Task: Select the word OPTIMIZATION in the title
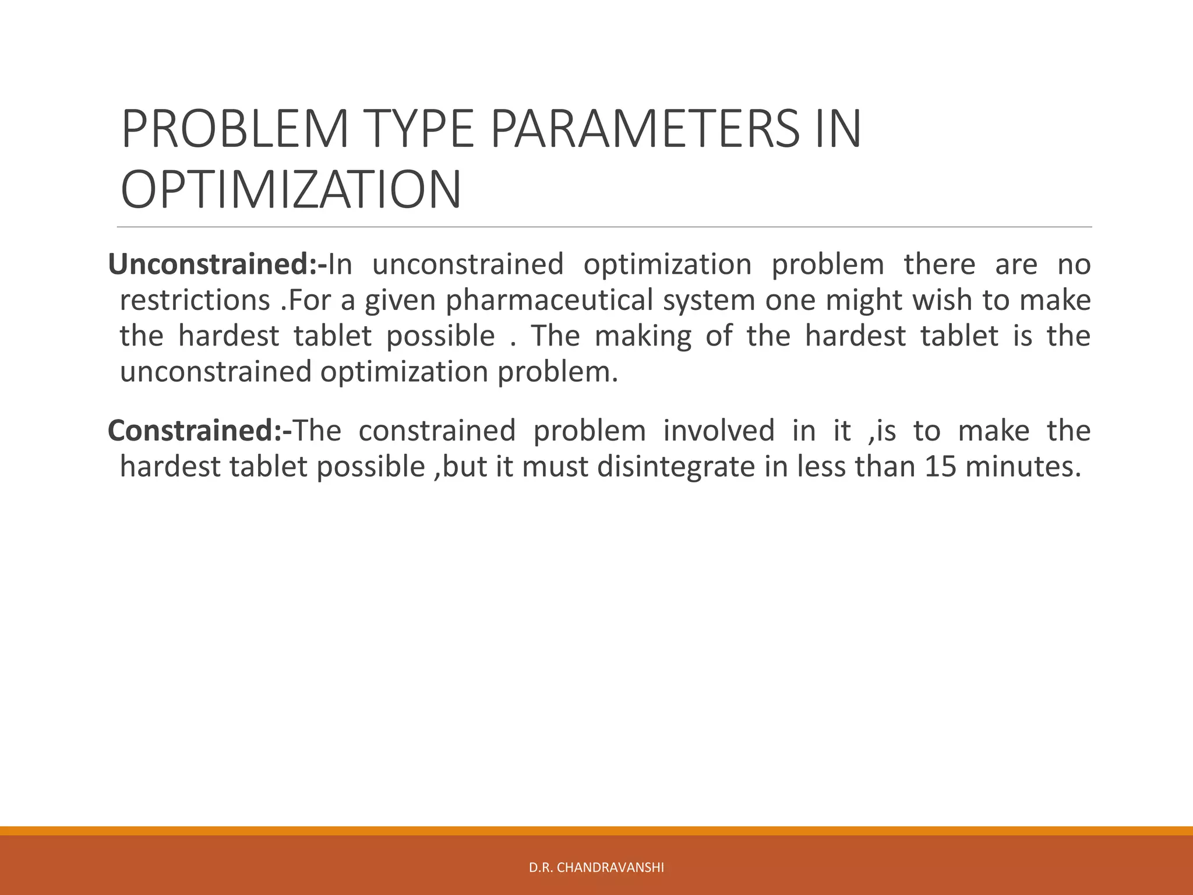coord(291,190)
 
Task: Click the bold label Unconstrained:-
coord(217,265)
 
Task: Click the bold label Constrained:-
coord(199,431)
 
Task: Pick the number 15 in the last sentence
coord(940,467)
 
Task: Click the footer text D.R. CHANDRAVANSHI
coord(596,868)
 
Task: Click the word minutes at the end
coord(1022,467)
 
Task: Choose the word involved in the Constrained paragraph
coord(719,431)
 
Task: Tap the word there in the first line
coord(939,265)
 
